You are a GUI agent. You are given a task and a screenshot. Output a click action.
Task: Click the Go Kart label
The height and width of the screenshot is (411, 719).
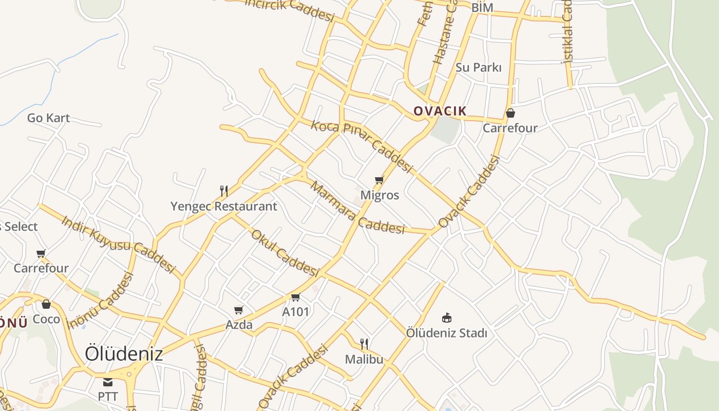tap(48, 118)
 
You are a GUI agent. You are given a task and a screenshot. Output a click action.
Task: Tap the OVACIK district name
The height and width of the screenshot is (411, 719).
tap(440, 111)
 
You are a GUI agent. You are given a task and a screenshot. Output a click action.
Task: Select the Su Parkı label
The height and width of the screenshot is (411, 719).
tap(478, 67)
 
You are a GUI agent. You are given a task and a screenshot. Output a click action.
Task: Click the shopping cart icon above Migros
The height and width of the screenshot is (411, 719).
tap(380, 180)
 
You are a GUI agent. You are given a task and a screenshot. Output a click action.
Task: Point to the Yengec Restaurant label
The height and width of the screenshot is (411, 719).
tap(223, 207)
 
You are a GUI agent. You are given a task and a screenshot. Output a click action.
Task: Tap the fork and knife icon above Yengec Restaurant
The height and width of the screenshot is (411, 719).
tap(224, 191)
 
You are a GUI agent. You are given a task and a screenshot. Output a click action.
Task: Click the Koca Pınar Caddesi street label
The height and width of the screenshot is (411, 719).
tap(362, 147)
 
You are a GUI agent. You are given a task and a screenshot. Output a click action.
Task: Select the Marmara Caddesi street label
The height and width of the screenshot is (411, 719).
tap(357, 208)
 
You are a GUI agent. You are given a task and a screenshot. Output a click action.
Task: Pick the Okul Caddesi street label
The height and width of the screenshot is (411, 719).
tap(285, 253)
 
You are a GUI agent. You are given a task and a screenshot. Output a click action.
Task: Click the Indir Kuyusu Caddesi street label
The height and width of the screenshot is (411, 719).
tap(118, 244)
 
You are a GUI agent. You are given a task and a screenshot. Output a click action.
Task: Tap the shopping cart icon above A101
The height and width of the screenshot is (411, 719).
tap(295, 297)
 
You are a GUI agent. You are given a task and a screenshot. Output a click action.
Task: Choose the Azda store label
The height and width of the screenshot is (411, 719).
tap(239, 325)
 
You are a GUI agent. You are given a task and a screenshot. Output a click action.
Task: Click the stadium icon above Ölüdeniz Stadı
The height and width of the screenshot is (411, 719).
tap(447, 317)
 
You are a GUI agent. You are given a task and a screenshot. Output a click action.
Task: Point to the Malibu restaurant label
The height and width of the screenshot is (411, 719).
tap(364, 359)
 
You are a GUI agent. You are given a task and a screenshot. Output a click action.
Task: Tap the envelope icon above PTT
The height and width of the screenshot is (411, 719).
tap(108, 382)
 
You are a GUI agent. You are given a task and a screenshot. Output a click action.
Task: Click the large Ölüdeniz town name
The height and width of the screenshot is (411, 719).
tap(124, 353)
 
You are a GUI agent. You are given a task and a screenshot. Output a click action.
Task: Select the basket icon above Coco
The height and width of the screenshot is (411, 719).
tap(46, 304)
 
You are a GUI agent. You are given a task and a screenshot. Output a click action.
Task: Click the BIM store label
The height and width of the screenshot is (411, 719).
tap(482, 8)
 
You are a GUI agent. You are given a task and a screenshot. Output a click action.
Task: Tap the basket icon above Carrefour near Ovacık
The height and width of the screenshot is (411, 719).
tap(510, 113)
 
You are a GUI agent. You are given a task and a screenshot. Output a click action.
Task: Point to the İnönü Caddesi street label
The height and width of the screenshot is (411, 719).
tap(101, 301)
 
